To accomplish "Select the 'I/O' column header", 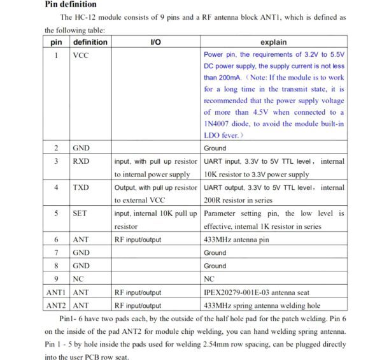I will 155,42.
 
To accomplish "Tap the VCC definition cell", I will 81,55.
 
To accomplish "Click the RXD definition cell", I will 81,161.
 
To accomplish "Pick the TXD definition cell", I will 81,187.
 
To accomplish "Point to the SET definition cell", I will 80,213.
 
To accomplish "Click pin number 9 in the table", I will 57,278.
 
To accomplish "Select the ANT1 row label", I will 57,292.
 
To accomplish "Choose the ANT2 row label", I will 57,305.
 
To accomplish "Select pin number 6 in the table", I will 57,240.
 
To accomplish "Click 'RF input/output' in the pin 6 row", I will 138,240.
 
